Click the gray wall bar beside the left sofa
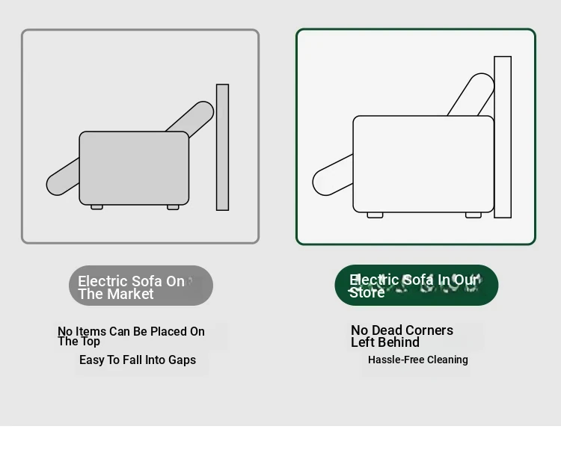click(222, 147)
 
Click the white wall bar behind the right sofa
click(503, 137)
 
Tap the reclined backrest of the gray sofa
click(195, 117)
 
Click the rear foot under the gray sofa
click(173, 207)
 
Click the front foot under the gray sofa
click(96, 207)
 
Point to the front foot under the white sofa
click(375, 215)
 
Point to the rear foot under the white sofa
click(473, 215)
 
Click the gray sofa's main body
click(134, 168)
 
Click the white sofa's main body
click(423, 164)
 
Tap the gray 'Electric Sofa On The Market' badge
click(141, 286)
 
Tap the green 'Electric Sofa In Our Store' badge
click(417, 286)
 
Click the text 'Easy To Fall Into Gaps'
click(138, 360)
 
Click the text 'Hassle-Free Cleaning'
click(418, 360)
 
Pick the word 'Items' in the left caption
click(91, 331)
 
